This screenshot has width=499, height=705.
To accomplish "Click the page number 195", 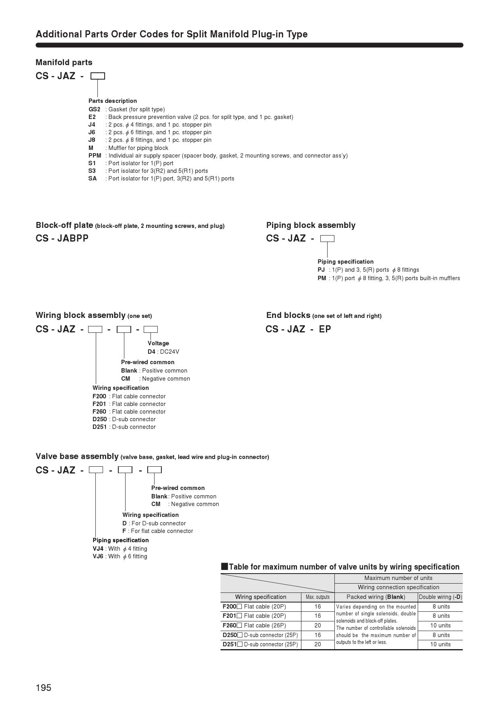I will tap(43, 688).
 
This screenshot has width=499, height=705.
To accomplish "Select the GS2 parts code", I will tap(94, 109).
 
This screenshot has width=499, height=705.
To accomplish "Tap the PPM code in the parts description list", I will tap(95, 156).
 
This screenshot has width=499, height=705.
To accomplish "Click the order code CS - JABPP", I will tap(62, 238).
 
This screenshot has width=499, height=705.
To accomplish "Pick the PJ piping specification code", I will tap(321, 270).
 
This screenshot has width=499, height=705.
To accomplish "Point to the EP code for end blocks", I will tap(325, 329).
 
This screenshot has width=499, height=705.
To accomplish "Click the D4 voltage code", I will tap(151, 352).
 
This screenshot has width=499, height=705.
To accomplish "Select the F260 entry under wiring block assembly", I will tap(99, 412).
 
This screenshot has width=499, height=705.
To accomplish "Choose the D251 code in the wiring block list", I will tap(99, 427).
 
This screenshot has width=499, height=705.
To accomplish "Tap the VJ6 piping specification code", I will tap(98, 556).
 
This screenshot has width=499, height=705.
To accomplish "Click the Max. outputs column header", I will tap(318, 597).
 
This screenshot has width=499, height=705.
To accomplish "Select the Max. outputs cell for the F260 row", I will tap(318, 625).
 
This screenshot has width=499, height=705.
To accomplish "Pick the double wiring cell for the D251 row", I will tap(440, 644).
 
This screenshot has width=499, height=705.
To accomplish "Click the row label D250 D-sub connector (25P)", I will tap(260, 635).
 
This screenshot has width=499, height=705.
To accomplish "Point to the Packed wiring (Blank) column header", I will tap(376, 597).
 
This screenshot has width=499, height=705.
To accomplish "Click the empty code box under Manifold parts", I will tap(98, 76).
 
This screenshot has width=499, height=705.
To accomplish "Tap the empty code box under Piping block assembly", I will tap(327, 238).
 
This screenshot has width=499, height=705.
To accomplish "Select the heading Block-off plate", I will tap(64, 225).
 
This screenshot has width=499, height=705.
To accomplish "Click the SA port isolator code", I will tap(93, 178).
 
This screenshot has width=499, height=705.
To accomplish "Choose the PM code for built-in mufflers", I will tap(322, 278).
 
